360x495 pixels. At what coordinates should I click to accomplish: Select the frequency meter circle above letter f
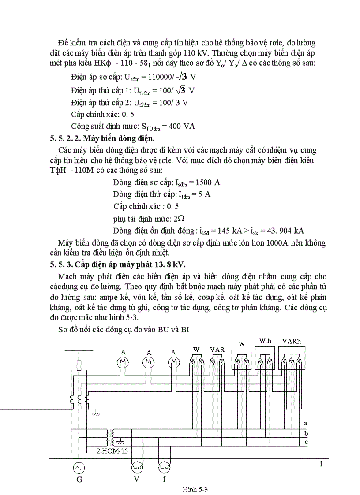coord(164,466)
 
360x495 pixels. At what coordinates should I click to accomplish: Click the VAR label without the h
coord(217,350)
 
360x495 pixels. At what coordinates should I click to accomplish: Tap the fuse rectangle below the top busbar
coord(79,365)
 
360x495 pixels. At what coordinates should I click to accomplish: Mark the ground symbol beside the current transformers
coord(94,413)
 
